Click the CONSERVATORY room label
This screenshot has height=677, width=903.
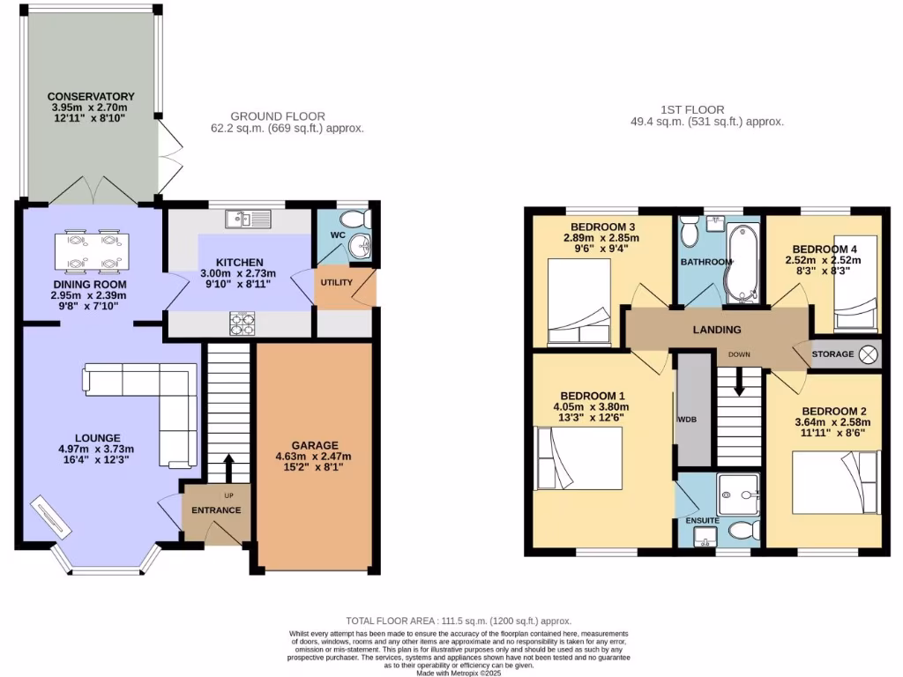point(91,96)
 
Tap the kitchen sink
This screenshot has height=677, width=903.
point(241,219)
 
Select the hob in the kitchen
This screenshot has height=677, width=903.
point(243,324)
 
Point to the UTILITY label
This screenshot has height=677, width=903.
point(337,282)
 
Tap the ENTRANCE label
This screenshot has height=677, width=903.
point(216,510)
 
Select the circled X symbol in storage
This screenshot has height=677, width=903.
point(869,353)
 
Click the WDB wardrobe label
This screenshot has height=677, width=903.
point(686,419)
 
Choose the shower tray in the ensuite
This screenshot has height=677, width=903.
point(738,494)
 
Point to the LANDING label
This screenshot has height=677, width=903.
point(716,330)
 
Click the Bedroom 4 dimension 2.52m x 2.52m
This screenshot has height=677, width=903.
point(824,261)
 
